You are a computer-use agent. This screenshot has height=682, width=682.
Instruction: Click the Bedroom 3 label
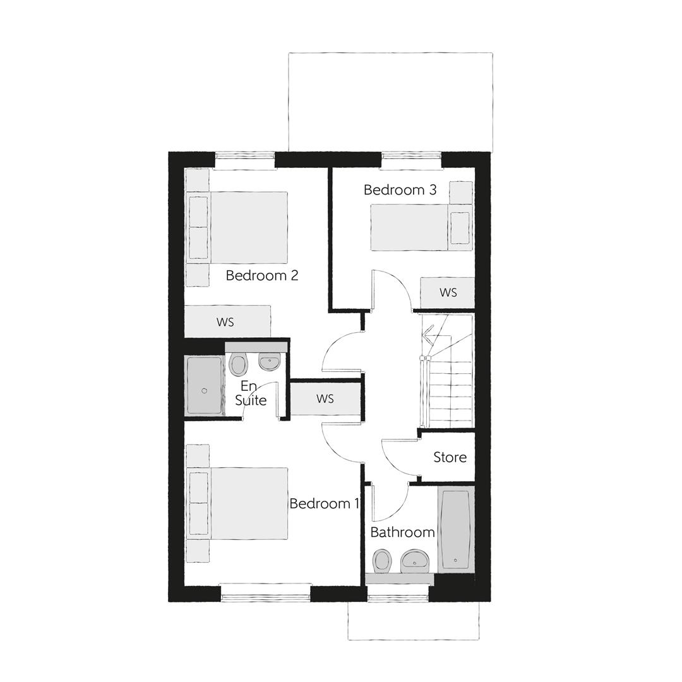(400, 190)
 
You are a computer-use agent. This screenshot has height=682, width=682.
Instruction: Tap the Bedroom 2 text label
(261, 275)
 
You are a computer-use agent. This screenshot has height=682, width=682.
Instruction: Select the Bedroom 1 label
(324, 503)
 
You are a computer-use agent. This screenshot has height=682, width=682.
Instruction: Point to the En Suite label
(251, 393)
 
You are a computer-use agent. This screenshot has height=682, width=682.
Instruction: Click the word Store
(450, 457)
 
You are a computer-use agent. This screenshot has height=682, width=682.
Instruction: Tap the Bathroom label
(402, 532)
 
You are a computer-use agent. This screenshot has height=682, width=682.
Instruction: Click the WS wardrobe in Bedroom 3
(448, 292)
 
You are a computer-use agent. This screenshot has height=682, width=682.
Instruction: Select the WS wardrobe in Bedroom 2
(226, 322)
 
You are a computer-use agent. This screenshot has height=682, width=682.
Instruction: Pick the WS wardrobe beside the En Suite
(325, 399)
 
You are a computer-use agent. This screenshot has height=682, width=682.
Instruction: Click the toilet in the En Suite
(238, 364)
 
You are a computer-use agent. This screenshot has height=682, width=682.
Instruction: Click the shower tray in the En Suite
(204, 385)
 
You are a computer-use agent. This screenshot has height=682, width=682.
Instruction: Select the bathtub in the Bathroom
(455, 530)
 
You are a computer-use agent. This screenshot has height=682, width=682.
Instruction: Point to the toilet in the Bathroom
(381, 560)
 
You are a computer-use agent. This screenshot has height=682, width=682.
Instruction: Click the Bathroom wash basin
(415, 559)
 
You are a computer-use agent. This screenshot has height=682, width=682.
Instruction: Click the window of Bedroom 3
(410, 160)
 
